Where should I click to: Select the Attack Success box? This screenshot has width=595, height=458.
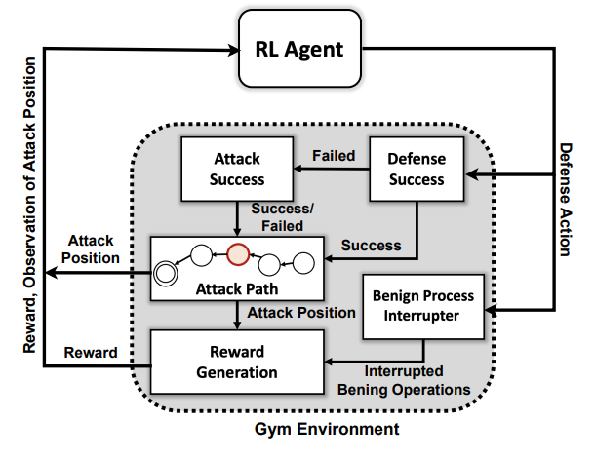237,168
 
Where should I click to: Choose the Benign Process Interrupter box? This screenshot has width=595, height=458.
423,306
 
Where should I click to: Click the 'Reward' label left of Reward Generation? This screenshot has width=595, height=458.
91,353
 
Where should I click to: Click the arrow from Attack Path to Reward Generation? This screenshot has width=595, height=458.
237,316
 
